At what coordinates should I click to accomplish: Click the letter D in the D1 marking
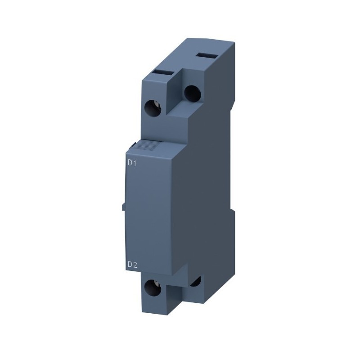130,163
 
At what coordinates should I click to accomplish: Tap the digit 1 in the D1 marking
135,163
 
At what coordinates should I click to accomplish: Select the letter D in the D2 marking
130,265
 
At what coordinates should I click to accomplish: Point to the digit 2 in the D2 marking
135,265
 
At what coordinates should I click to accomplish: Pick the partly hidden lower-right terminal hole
195,281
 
